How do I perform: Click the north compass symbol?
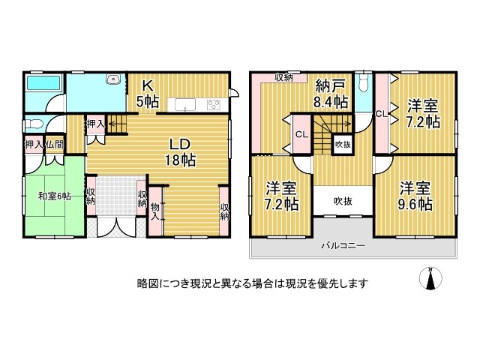pos(430,278)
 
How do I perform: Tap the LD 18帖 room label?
pos(181,152)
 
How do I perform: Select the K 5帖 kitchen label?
pos(148,94)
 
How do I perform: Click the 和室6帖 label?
pos(55,196)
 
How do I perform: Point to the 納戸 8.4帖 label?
pos(331,94)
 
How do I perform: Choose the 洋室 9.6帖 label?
pos(415,196)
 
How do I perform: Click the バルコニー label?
pos(343,245)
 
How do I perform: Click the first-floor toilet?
pos(34,124)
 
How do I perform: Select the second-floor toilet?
pos(364,82)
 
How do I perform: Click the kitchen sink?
pos(185,105)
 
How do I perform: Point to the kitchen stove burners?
pos(213,105)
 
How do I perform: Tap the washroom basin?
pos(112,79)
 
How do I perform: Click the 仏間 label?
pos(55,145)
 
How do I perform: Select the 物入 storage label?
pos(155,211)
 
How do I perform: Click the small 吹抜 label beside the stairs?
pos(343,144)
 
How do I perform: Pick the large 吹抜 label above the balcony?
pos(343,201)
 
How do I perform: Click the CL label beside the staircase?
pos(301,134)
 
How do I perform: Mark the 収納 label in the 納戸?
pos(283,76)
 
